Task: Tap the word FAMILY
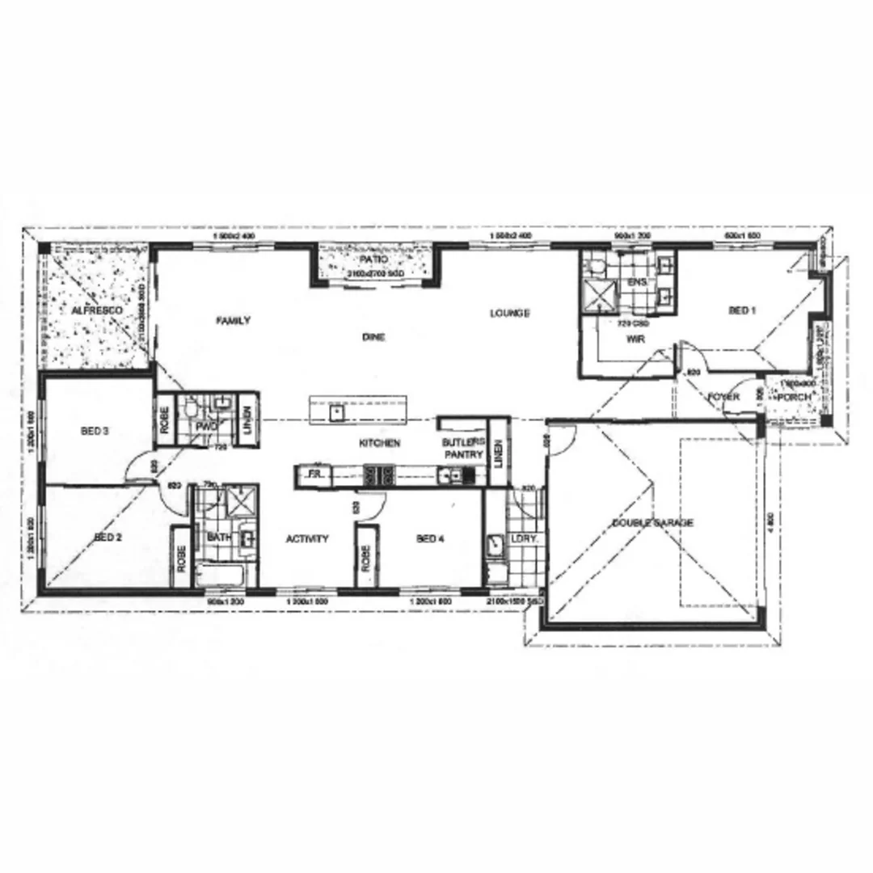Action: (233, 321)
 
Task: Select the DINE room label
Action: (373, 338)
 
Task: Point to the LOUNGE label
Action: (509, 313)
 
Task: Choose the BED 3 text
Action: (95, 432)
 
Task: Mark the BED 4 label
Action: (430, 538)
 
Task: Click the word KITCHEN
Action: (380, 444)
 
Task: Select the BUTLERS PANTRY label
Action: (462, 449)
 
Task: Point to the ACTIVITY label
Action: (307, 539)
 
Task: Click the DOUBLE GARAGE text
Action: (652, 523)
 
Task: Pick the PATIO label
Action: (374, 260)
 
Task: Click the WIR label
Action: (634, 339)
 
